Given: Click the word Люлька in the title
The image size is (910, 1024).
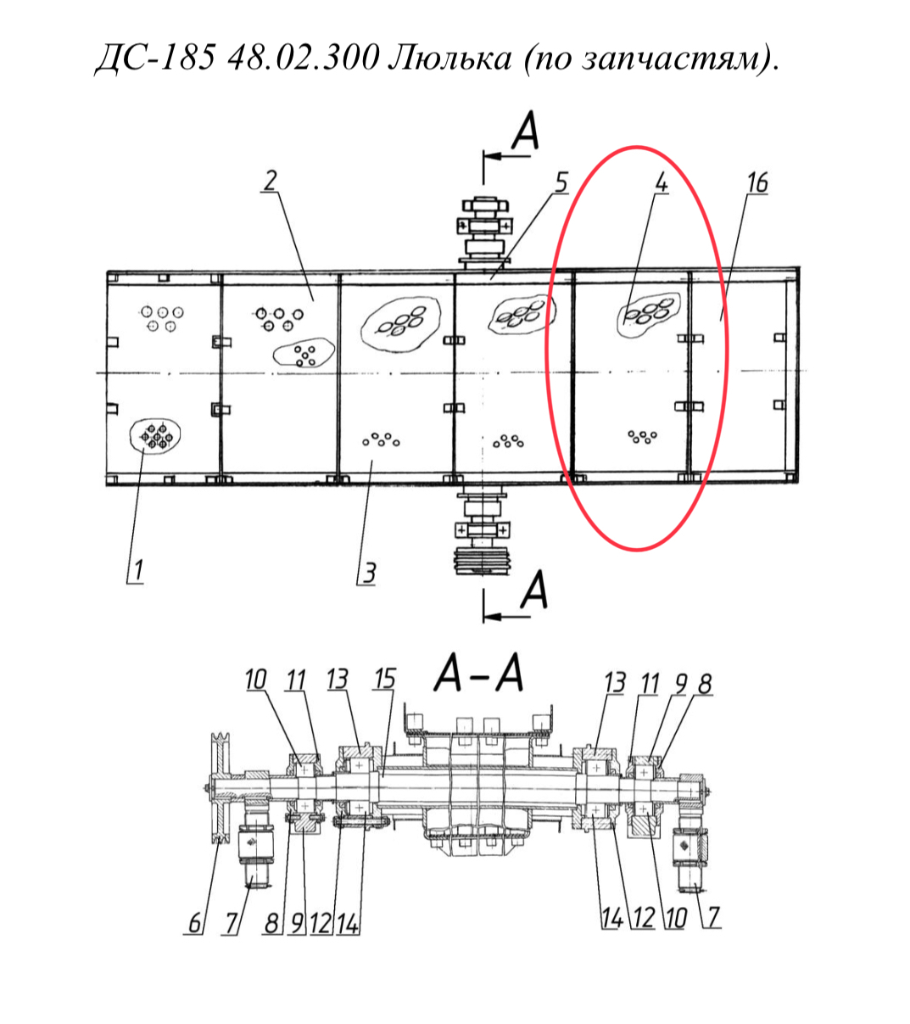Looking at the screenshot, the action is [449, 59].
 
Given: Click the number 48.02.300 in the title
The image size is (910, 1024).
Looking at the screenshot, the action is [303, 59].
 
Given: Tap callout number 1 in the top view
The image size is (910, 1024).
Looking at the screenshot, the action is [137, 569].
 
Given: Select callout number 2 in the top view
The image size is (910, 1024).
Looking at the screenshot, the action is [271, 181].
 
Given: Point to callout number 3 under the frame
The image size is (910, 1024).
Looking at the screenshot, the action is [561, 182].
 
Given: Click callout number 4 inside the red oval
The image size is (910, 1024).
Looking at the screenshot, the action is [661, 182].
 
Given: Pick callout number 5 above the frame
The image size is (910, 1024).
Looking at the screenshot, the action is [561, 182].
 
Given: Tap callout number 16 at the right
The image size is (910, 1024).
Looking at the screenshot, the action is [757, 182].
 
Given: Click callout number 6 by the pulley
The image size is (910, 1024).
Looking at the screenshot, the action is [194, 923].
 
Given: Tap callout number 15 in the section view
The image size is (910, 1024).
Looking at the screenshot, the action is [384, 680].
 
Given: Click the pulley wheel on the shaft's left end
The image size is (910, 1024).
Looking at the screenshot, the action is [221, 787].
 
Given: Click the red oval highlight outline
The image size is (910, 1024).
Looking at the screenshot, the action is [547, 349].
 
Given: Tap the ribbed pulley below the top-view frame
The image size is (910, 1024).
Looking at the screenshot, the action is [483, 561].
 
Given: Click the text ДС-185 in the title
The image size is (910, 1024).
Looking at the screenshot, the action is [154, 59].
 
